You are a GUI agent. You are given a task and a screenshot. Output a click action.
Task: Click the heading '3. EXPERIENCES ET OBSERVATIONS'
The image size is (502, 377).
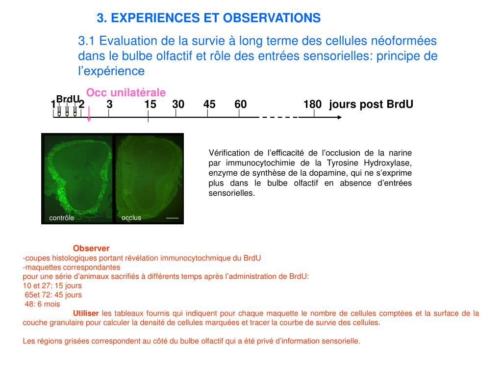pyautogui.click(x=209, y=18)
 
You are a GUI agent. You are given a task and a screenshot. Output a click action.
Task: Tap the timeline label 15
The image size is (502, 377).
pyautogui.click(x=150, y=104)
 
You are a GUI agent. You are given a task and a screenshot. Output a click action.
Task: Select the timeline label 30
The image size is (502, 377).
pyautogui.click(x=178, y=104)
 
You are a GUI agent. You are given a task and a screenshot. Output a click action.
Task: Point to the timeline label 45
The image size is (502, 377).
pyautogui.click(x=209, y=104)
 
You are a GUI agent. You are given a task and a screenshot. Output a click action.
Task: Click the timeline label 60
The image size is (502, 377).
pyautogui.click(x=240, y=104)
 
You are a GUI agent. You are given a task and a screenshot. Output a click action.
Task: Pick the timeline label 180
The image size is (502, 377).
pyautogui.click(x=312, y=104)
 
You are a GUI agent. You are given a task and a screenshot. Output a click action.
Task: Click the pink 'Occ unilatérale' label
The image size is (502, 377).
pyautogui.click(x=126, y=92)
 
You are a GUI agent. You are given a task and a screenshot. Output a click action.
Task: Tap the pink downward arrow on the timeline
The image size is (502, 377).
pyautogui.click(x=89, y=114)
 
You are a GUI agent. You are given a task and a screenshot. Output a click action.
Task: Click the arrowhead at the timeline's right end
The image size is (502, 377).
pyautogui.click(x=340, y=117)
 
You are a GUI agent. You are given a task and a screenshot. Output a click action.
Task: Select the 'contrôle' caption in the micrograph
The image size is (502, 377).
pyautogui.click(x=61, y=217)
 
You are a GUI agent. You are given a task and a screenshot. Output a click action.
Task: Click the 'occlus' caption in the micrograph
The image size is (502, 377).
pyautogui.click(x=131, y=217)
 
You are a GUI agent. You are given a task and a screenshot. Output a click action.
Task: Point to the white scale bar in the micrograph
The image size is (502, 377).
pyautogui.click(x=172, y=218)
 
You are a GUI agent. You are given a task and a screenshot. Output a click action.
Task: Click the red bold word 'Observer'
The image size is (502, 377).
pyautogui.click(x=91, y=248)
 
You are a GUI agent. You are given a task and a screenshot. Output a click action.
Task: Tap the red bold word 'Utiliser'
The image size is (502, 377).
pyautogui.click(x=86, y=313)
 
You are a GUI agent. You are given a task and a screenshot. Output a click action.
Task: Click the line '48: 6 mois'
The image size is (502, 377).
pyautogui.click(x=42, y=304)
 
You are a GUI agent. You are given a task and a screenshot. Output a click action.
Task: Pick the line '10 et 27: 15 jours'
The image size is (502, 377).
pyautogui.click(x=52, y=286)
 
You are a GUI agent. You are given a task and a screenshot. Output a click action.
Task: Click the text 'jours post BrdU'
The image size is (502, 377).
pyautogui.click(x=371, y=104)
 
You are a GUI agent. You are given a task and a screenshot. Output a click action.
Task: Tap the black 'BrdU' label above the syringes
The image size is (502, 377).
pyautogui.click(x=68, y=99)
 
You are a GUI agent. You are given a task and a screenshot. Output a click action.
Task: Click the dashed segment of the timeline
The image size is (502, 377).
pyautogui.click(x=280, y=117)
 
